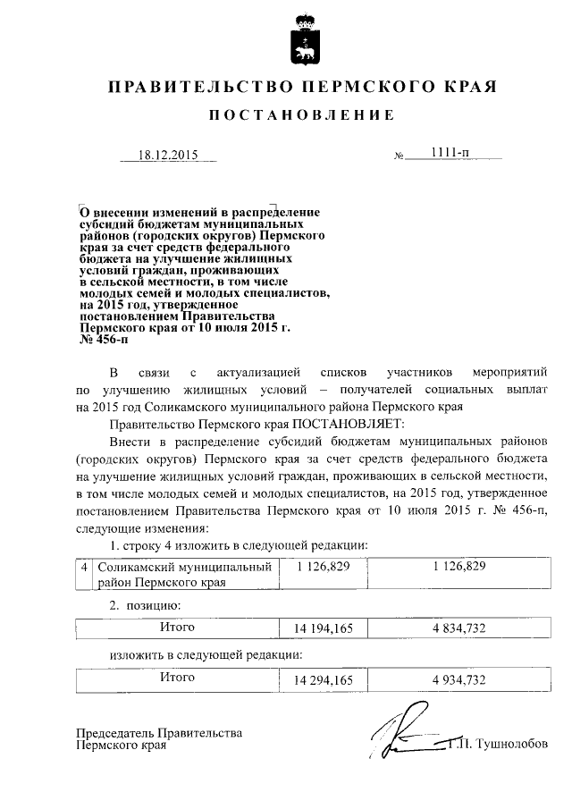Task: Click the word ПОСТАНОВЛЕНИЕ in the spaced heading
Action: (301, 115)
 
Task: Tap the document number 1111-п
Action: (445, 154)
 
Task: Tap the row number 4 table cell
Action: (83, 568)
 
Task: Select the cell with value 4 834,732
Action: (458, 629)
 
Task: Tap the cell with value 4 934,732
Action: (458, 680)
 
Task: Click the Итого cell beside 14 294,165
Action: (177, 678)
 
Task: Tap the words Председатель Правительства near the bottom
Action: (159, 733)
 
